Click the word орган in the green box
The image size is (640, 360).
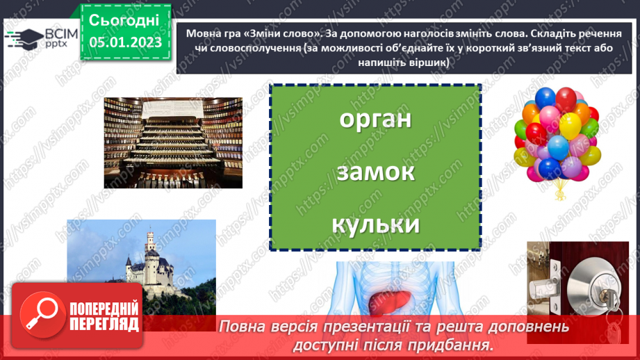(375, 119)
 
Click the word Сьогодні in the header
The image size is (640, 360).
(124, 19)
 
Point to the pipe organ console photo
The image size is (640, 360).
(173, 142)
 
